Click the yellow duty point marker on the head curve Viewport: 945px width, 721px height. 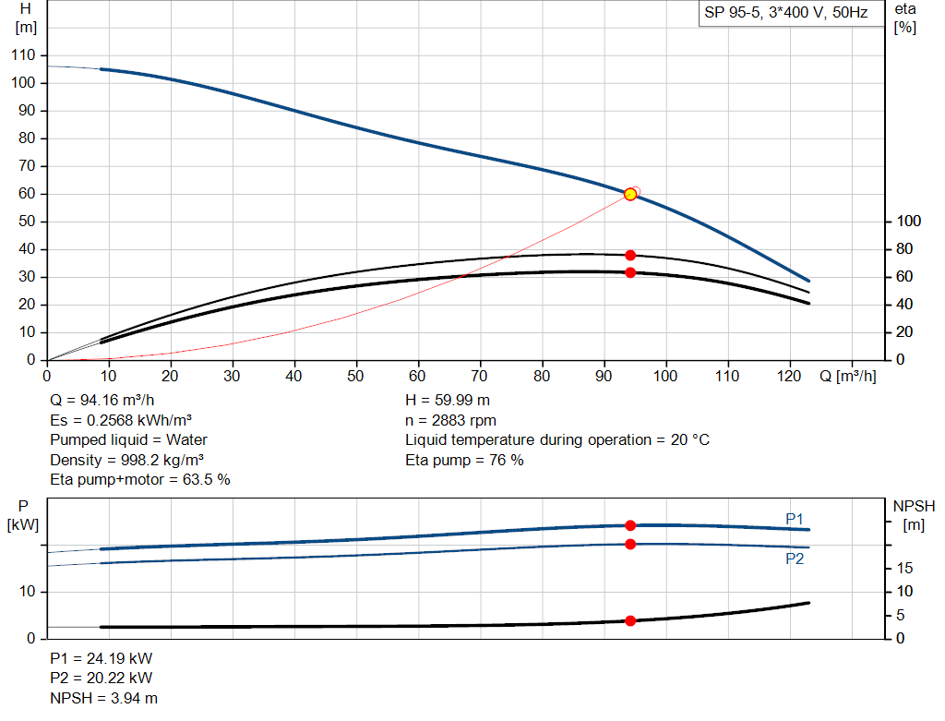click(x=630, y=194)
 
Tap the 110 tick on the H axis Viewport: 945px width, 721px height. click(x=23, y=54)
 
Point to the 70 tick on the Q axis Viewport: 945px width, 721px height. click(x=479, y=376)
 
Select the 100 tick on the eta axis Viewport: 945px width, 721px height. click(x=908, y=222)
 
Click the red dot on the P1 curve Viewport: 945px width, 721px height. click(x=630, y=525)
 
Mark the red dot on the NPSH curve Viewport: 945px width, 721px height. click(x=630, y=621)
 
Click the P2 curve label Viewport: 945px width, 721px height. click(x=795, y=559)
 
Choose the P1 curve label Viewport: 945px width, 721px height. click(x=795, y=519)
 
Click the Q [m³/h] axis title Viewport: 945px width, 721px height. click(x=847, y=376)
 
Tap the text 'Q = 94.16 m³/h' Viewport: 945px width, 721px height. click(x=102, y=401)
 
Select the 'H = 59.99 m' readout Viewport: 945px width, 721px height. click(x=448, y=401)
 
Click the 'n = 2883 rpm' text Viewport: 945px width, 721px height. click(x=450, y=420)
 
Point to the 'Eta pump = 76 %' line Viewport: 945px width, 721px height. click(x=465, y=460)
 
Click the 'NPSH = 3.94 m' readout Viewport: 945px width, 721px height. click(x=103, y=698)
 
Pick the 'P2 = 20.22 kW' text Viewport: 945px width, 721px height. click(x=102, y=679)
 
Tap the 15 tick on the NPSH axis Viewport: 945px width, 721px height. click(x=904, y=568)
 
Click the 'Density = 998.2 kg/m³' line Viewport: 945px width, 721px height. click(x=127, y=460)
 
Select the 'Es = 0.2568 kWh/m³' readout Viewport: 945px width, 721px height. click(x=121, y=420)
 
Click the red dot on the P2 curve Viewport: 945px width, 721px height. click(x=630, y=545)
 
